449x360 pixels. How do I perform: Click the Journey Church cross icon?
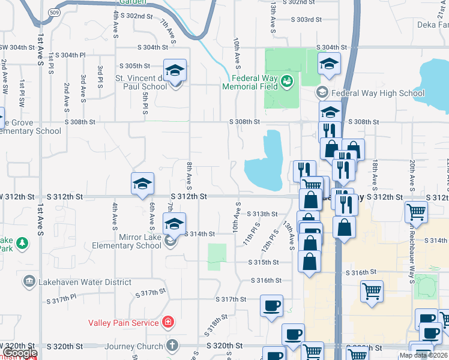tap(172, 346)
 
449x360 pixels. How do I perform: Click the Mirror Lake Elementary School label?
tap(127, 241)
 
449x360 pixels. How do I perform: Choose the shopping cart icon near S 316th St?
tap(372, 291)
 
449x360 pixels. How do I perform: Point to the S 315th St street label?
tap(264, 262)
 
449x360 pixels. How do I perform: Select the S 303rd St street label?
tap(306, 20)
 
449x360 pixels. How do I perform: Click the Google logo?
tap(20, 353)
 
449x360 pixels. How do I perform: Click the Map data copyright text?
tap(423, 355)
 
